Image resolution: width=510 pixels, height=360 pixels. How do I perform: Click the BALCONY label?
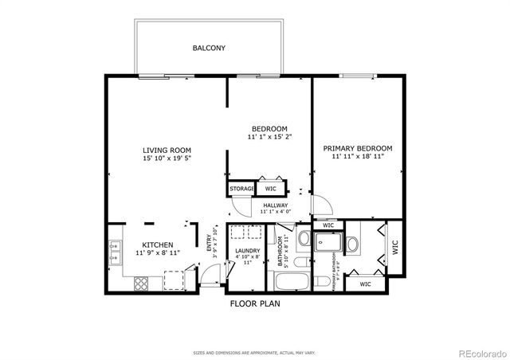[x=209, y=49]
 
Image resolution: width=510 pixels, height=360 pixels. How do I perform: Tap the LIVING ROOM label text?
[x=167, y=150]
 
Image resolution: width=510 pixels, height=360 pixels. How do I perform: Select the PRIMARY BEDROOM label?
[x=358, y=148]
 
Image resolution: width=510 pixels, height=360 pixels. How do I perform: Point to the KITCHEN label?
[x=158, y=245]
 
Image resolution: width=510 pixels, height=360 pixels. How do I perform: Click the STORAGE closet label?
[x=242, y=189]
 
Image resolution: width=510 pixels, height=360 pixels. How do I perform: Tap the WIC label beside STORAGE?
[x=270, y=189]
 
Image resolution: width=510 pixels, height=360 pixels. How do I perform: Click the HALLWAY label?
[x=275, y=205]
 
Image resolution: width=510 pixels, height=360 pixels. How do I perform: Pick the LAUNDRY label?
[x=248, y=251]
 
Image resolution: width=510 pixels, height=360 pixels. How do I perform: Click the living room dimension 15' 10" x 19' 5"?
[x=167, y=158]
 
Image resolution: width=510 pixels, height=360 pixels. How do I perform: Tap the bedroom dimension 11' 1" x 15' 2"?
[x=269, y=137]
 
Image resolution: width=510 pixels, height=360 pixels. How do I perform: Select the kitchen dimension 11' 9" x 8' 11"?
[x=158, y=253]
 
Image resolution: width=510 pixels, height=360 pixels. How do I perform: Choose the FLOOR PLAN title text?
[x=254, y=303]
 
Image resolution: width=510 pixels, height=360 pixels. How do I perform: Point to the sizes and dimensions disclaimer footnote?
[x=254, y=351]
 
